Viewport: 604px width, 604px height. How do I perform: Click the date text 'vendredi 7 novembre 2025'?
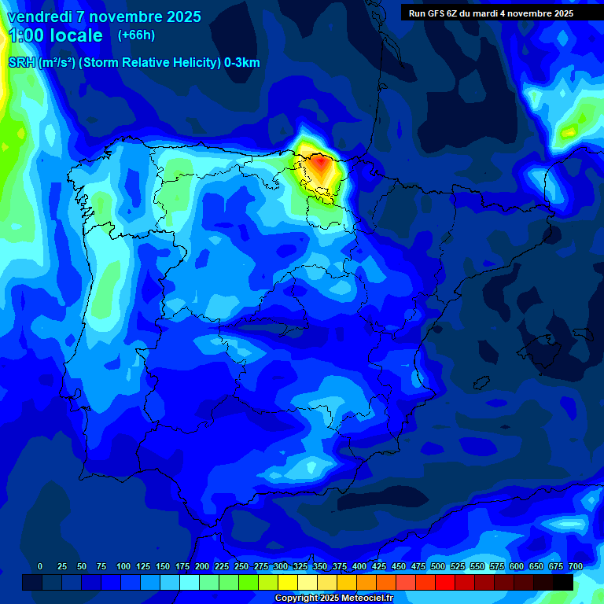104,17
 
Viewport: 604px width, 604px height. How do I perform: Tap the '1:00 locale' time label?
55,35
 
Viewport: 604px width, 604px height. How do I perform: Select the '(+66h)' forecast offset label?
135,35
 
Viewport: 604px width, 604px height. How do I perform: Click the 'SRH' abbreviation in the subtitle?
21,63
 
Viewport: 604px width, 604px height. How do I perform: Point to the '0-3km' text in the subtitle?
242,63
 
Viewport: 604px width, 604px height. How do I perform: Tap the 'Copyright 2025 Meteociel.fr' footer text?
333,598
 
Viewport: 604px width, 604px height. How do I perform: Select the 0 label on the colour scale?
40,566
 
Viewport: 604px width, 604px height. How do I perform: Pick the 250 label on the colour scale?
241,566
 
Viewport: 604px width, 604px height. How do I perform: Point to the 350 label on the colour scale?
320,566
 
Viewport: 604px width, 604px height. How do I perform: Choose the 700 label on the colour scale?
576,566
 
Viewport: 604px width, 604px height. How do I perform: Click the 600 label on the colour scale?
517,566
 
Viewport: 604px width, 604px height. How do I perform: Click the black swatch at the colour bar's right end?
563,583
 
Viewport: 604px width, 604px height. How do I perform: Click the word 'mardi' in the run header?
492,13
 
